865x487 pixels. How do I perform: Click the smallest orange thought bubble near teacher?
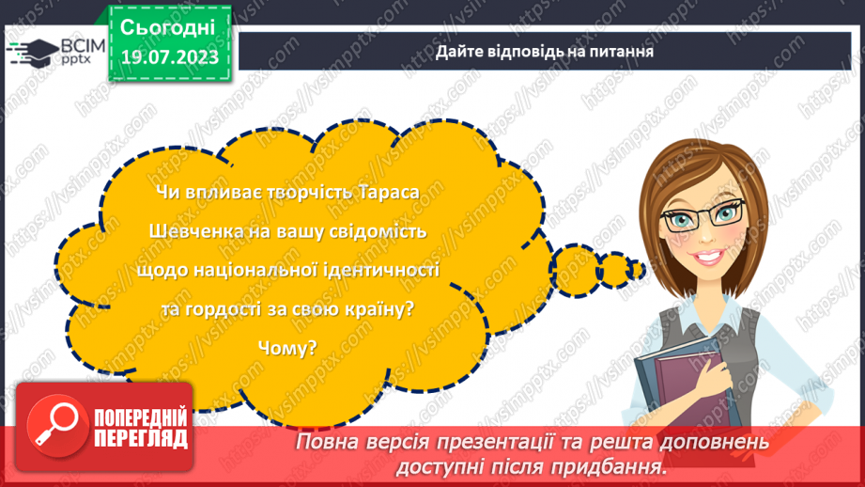(639, 271)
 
